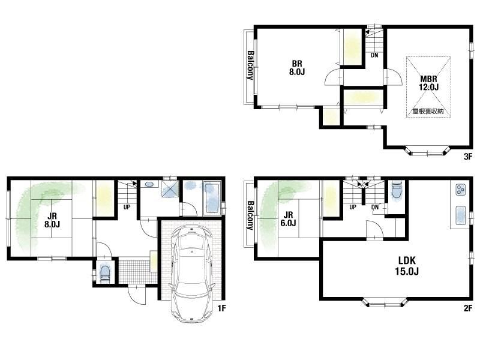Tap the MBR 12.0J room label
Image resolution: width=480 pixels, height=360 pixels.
[x=428, y=83]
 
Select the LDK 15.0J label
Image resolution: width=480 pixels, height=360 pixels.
[x=407, y=266]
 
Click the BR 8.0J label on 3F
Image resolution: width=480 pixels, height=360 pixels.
[x=297, y=68]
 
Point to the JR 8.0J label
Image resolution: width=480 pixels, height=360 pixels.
[x=52, y=220]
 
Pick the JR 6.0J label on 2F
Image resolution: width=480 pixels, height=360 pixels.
[x=288, y=219]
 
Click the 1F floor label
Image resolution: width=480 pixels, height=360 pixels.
[x=221, y=308]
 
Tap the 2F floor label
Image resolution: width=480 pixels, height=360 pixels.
[x=468, y=308]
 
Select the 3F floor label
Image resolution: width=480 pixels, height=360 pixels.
[x=468, y=157]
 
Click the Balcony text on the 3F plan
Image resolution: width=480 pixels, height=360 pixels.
[x=250, y=65]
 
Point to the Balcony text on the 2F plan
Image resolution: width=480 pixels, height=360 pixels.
[x=250, y=215]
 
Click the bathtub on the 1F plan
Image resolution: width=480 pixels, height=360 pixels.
[x=211, y=198]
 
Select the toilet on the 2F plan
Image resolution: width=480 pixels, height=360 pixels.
[x=396, y=190]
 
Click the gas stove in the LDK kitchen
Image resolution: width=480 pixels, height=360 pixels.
[x=460, y=190]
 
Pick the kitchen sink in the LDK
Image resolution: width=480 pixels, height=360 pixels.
[x=460, y=215]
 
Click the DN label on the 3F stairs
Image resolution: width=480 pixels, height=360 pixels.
[x=374, y=55]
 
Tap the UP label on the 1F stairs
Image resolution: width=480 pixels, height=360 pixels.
[x=127, y=207]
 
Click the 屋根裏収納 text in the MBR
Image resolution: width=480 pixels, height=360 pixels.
[x=428, y=112]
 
